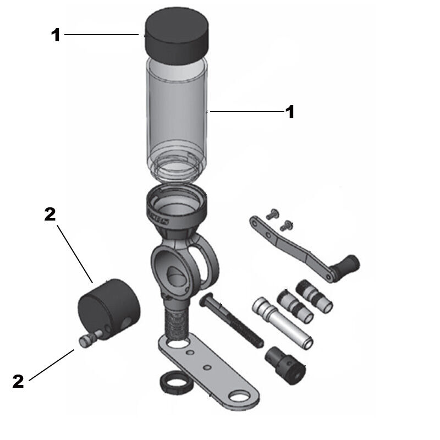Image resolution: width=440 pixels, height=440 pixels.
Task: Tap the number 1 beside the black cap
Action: [x=56, y=35]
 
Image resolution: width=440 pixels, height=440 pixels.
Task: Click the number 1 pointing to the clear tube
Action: [x=289, y=112]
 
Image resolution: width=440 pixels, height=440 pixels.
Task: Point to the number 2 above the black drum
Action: [x=50, y=215]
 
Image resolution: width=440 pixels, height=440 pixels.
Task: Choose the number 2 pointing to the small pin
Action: [x=19, y=381]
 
